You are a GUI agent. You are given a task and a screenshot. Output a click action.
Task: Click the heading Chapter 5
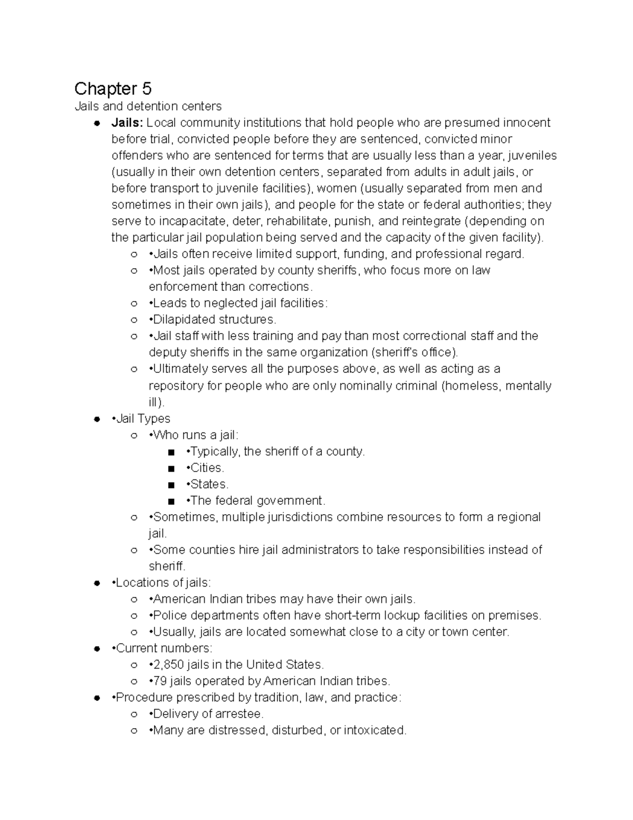(x=113, y=88)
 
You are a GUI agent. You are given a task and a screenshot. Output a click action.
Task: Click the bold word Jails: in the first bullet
(x=127, y=123)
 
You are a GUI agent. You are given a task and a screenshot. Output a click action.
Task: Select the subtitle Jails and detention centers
(x=148, y=107)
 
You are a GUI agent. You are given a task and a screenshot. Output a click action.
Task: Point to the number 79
(x=160, y=681)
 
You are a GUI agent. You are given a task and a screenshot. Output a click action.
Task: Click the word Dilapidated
(x=184, y=319)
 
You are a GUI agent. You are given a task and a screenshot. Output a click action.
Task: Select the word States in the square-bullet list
(x=208, y=484)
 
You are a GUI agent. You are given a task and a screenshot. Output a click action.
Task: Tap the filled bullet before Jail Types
(x=97, y=419)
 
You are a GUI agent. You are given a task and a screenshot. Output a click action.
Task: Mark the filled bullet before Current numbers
(x=97, y=648)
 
